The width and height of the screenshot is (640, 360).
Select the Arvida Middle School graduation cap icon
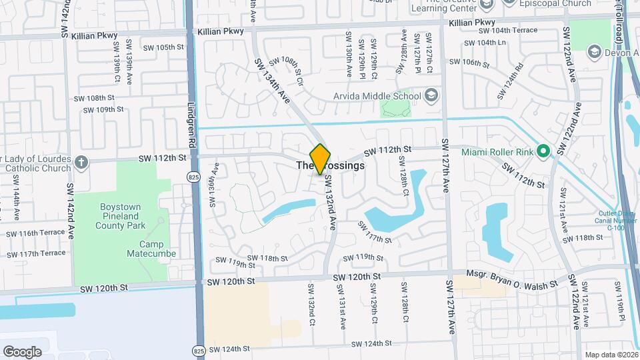430,95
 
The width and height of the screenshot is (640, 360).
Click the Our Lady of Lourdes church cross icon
81,162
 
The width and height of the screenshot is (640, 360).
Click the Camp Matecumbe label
146,249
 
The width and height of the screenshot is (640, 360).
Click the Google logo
22,351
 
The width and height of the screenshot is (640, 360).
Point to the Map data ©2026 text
610,355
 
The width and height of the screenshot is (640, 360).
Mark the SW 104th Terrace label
518,31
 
